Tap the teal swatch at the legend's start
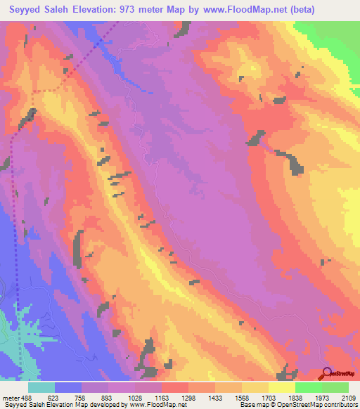point(41,387)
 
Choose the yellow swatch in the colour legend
point(282,387)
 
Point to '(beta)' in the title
point(300,10)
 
